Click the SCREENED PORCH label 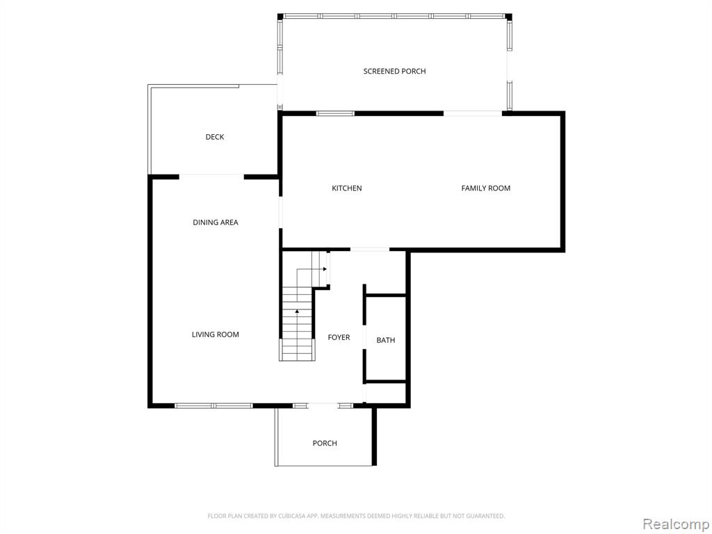[x=395, y=72]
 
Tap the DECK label [x=215, y=137]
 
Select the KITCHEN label [x=347, y=188]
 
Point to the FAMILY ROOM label [x=486, y=188]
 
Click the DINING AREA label [x=216, y=222]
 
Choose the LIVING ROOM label [x=216, y=334]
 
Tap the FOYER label [x=339, y=337]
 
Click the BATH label [x=386, y=340]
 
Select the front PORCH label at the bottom [x=325, y=443]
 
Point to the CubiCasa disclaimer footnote [x=357, y=516]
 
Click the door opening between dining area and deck [x=211, y=176]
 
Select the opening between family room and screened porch [x=473, y=113]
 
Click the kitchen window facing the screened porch [x=335, y=113]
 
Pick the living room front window [x=214, y=405]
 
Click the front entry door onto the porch [x=323, y=405]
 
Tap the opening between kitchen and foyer [x=370, y=250]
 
